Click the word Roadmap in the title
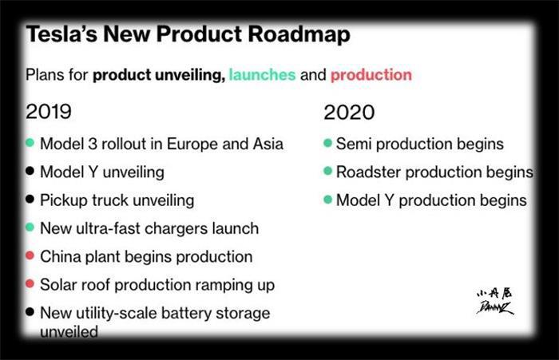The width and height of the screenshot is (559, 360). [299, 35]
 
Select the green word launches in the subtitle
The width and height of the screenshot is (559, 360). [262, 75]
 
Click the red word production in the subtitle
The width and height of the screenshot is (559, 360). [371, 76]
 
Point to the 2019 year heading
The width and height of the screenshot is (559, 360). [49, 112]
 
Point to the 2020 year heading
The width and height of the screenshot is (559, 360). [349, 113]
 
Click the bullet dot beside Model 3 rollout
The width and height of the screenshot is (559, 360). [30, 143]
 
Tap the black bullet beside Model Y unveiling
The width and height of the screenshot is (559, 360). [30, 171]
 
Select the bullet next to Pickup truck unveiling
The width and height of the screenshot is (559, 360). [30, 200]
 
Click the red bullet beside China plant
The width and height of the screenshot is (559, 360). [30, 255]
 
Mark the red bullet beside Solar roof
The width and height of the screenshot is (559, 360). [30, 283]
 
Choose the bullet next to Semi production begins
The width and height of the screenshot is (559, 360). [327, 143]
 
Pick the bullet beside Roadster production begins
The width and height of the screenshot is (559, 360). [327, 171]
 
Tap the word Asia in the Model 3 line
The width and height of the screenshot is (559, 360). [268, 144]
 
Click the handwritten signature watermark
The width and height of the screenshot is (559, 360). [495, 302]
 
